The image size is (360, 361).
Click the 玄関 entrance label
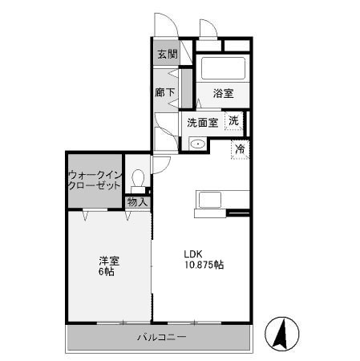167,55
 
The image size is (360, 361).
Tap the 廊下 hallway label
164,91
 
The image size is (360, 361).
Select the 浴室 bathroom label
223,94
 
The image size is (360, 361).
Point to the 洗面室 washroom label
203,123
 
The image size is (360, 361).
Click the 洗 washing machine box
234,121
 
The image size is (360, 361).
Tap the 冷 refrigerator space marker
240,148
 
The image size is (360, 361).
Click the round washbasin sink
197,144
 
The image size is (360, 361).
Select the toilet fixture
139,177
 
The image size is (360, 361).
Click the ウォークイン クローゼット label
94,178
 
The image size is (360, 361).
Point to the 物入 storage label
138,202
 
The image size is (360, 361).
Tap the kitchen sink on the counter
212,201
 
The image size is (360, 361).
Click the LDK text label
194,249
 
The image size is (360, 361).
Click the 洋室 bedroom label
109,259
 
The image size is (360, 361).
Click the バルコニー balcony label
161,338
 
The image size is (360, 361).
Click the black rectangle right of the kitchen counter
239,213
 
